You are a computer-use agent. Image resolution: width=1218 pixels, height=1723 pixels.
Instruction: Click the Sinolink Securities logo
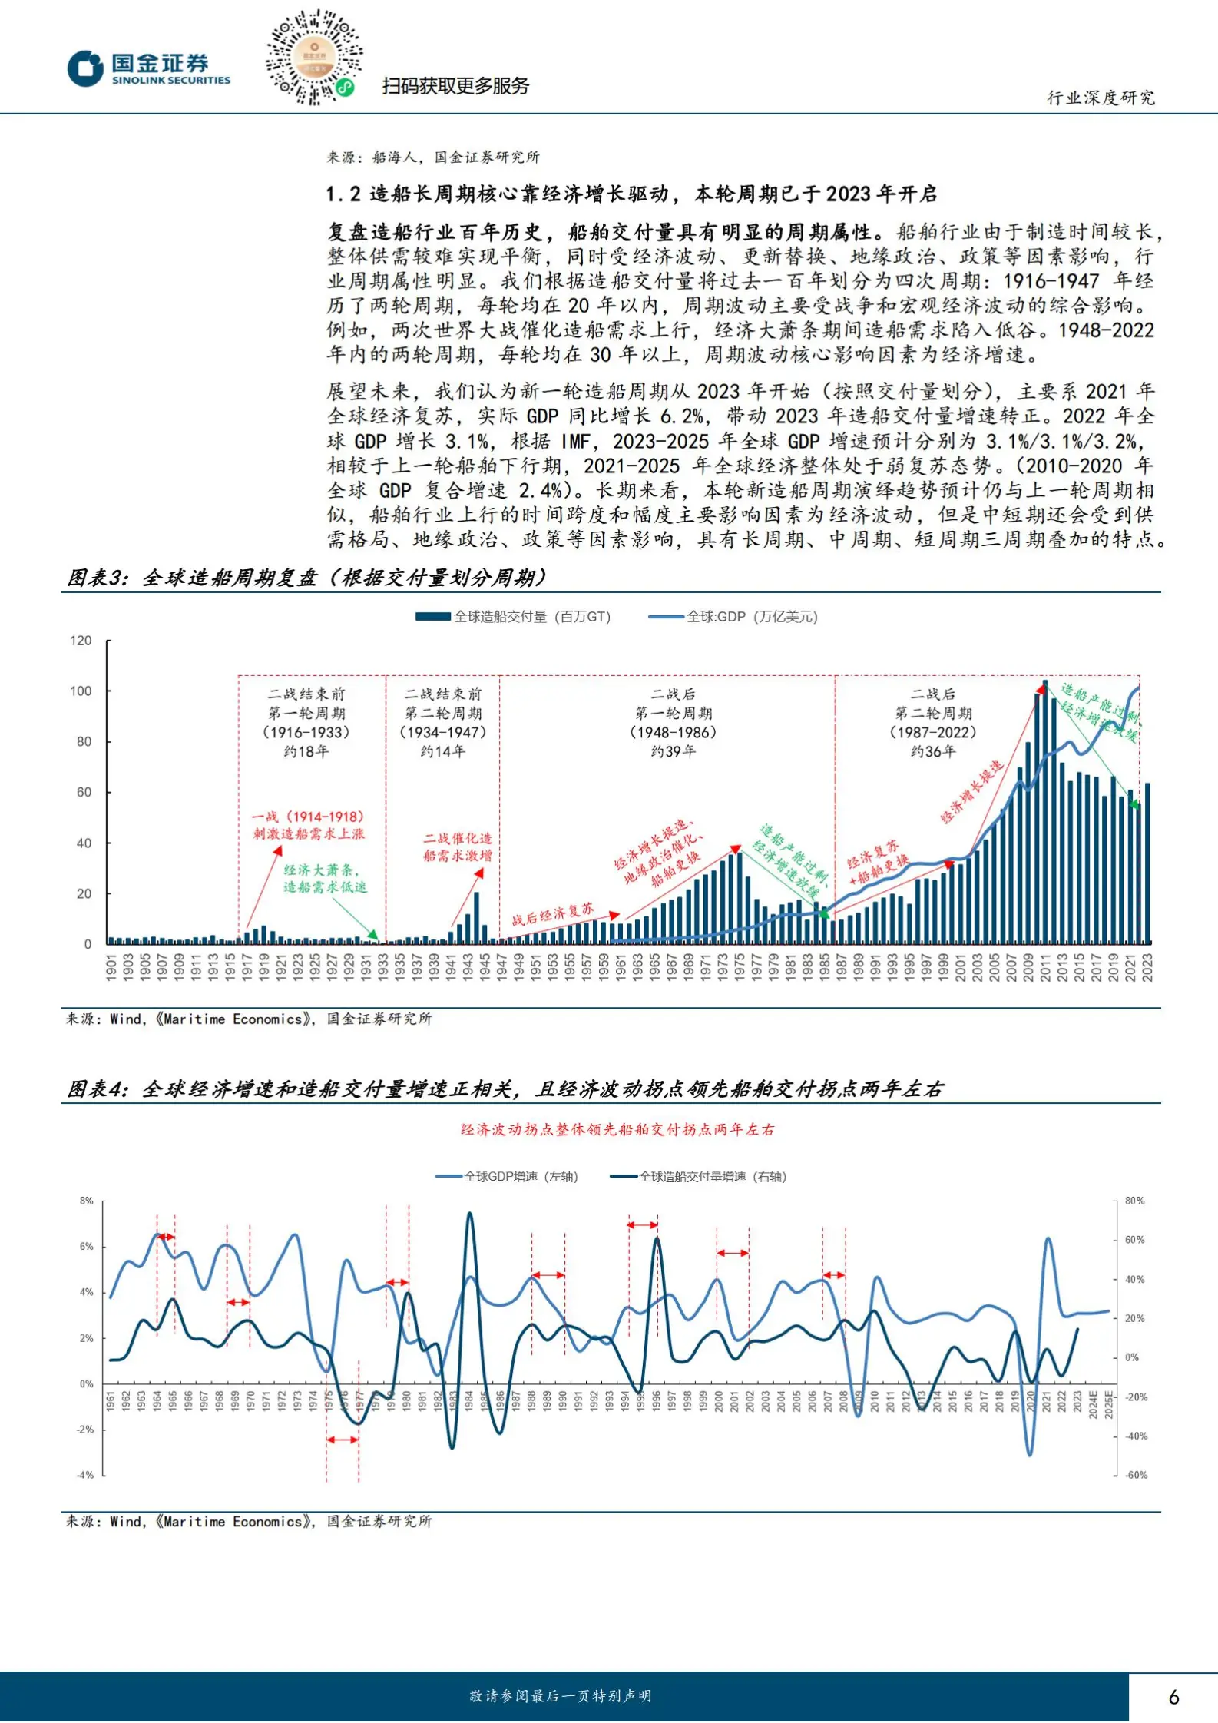pos(148,68)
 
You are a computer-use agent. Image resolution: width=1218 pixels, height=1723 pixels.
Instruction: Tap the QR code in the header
pos(313,58)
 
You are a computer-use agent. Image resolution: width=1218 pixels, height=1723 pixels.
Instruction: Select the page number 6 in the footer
pos(1173,1697)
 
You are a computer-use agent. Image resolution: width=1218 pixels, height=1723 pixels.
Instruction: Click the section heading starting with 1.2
pos(631,194)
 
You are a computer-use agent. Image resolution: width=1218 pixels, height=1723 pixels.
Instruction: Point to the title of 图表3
pos(307,578)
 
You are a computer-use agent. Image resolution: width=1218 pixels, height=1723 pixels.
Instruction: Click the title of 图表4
pos(505,1088)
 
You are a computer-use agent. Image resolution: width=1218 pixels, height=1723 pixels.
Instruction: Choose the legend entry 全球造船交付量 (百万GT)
pos(512,617)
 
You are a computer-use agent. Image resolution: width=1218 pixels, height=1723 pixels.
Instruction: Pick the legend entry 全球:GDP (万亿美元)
pos(733,617)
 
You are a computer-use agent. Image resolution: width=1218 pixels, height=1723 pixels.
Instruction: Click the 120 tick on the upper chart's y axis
pos(81,641)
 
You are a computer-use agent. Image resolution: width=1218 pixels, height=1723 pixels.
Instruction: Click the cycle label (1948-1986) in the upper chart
pos(673,733)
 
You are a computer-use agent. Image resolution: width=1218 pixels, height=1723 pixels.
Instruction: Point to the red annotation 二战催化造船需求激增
pos(458,847)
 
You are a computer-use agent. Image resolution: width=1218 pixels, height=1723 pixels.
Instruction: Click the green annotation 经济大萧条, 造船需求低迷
pos(325,878)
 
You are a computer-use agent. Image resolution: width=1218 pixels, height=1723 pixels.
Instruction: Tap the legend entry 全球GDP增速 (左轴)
pos(507,1177)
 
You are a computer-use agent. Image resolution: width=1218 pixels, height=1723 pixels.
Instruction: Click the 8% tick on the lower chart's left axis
pos(87,1201)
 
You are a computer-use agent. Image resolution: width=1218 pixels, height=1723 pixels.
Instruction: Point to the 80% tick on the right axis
pos(1134,1201)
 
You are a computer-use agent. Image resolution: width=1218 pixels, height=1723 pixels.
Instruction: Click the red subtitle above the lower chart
pos(617,1129)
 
